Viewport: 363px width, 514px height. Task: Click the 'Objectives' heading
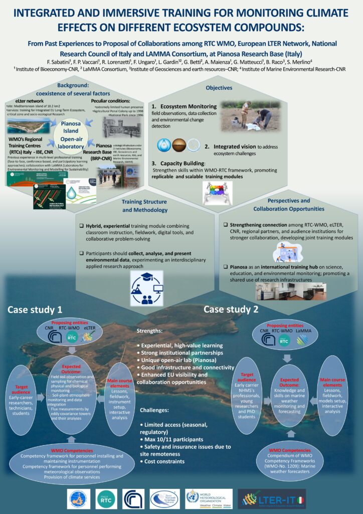[x=219, y=87]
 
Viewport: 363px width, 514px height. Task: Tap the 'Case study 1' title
[x=35, y=309]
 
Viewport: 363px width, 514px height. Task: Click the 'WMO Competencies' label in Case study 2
[x=287, y=450]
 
